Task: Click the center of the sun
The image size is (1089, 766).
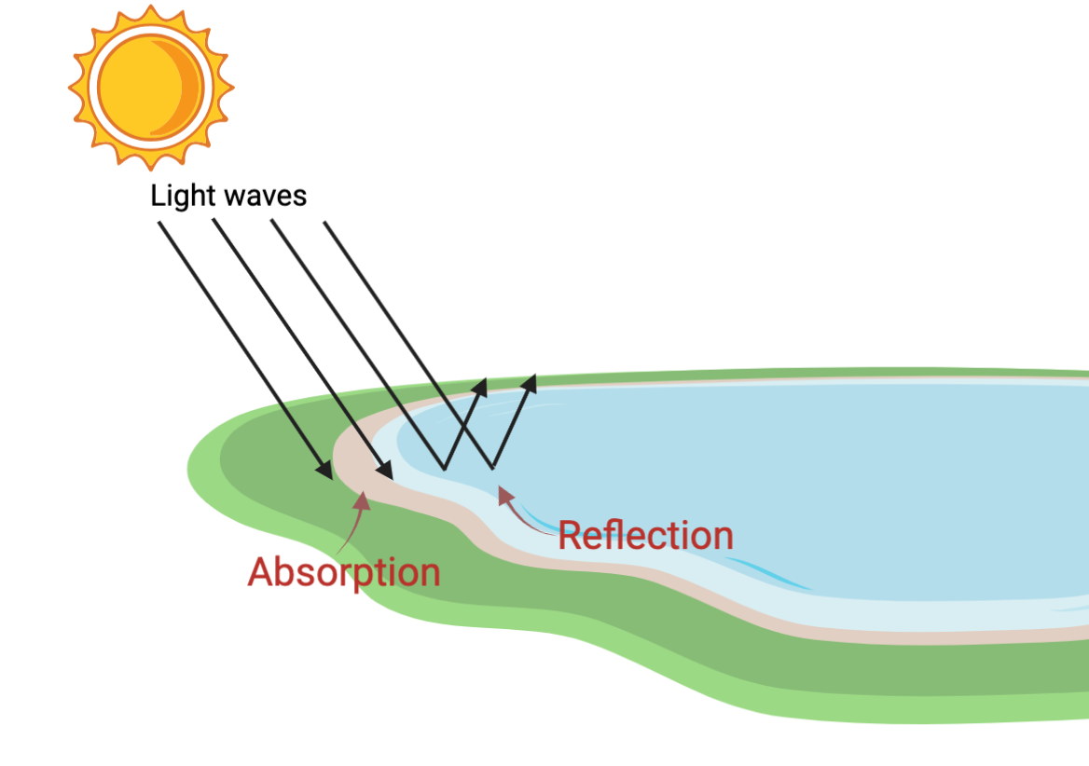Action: (151, 88)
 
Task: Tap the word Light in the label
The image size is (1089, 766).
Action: (183, 197)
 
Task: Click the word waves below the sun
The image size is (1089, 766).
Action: (265, 197)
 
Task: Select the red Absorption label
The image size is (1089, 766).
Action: (344, 573)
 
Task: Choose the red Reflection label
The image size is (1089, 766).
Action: (646, 536)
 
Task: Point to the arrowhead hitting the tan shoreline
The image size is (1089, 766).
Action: (385, 471)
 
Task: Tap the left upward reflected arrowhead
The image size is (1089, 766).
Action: (480, 387)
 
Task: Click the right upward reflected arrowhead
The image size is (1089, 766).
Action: (530, 384)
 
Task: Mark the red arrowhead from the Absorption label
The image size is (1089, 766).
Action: (363, 499)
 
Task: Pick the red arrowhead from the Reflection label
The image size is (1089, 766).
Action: (505, 494)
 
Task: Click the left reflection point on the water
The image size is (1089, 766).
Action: (445, 470)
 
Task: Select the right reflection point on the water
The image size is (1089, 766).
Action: (493, 469)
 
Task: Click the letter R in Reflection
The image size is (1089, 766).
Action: (571, 536)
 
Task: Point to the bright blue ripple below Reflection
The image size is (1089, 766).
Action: (767, 573)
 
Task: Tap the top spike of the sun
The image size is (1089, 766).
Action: (151, 11)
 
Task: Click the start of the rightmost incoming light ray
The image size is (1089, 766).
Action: (325, 223)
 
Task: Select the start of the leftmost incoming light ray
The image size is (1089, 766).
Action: (159, 223)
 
